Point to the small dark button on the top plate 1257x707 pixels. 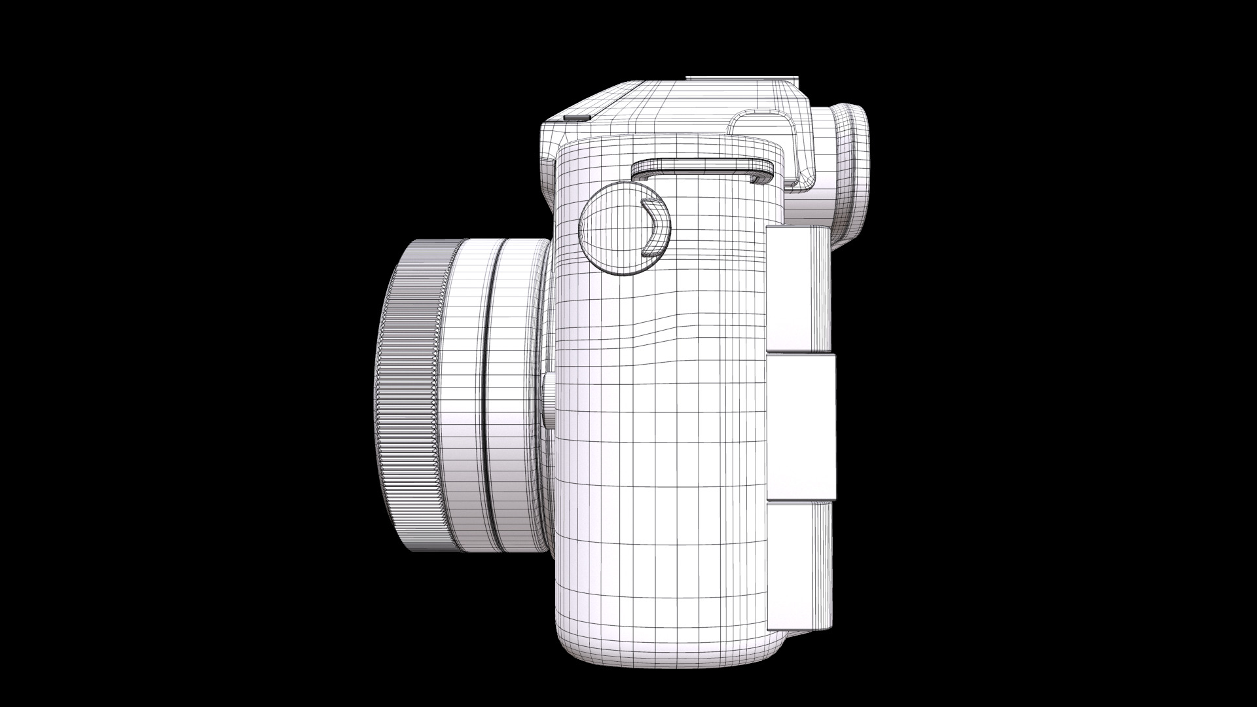point(576,118)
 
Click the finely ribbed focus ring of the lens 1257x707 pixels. point(412,393)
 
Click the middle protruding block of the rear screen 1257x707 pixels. point(802,426)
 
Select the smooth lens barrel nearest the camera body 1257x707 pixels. point(517,393)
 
